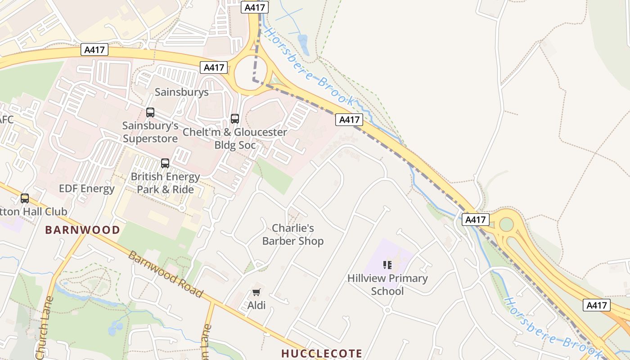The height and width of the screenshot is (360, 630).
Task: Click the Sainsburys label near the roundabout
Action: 181,92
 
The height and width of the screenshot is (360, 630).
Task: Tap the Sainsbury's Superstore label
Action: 150,132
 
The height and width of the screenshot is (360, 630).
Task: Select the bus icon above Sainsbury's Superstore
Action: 150,112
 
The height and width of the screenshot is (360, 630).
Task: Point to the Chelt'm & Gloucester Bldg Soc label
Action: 234,139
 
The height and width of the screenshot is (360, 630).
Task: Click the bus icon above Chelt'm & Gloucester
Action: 234,119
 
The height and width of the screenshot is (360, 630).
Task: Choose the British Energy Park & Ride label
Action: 165,183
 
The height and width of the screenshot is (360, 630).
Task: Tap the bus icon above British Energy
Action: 165,163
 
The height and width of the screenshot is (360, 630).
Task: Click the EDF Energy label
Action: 87,189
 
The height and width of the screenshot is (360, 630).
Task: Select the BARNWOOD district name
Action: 82,230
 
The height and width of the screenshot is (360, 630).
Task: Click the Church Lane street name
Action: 44,328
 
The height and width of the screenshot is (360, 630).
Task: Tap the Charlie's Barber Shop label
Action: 293,234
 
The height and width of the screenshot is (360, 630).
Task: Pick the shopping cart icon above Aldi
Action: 256,292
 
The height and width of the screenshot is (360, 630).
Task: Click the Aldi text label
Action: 256,306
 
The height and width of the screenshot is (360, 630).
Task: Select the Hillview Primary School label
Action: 387,284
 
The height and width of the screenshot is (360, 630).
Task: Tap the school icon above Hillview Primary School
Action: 387,265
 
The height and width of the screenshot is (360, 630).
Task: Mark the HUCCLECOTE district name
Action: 322,353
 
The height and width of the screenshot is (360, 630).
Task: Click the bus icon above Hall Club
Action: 25,198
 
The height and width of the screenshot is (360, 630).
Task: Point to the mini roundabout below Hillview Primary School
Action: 387,310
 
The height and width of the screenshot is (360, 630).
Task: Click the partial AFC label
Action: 6,119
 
